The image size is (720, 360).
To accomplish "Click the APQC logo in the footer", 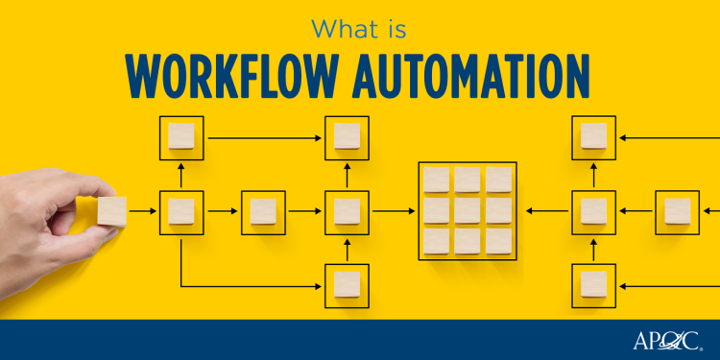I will pos(668,340).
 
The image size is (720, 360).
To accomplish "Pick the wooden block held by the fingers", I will pos(111,210).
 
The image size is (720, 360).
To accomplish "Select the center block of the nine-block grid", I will pos(468,210).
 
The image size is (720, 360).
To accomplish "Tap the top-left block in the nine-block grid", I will pos(437,180).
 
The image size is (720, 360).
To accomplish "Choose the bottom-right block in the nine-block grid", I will pos(498,241).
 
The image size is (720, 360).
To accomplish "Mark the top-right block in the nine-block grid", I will pos(498,180).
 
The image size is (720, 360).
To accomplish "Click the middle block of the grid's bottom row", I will pos(468,241).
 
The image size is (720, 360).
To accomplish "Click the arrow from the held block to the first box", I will pos(143,210).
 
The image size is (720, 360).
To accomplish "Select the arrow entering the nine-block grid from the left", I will pos(394,210).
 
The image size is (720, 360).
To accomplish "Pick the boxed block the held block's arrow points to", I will pos(180,210).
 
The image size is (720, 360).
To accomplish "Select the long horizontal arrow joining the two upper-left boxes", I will pos(264,137).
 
